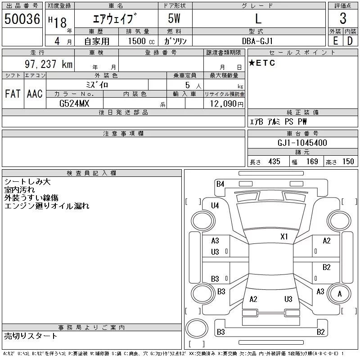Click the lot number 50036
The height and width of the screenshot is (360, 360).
(x=22, y=19)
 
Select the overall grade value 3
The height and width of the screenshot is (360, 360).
(x=343, y=18)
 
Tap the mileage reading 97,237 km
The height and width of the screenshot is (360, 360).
(x=49, y=64)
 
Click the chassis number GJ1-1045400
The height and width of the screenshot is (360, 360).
(x=302, y=143)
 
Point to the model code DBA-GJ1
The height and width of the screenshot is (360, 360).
(x=257, y=41)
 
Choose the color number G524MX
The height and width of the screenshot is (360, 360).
(x=74, y=103)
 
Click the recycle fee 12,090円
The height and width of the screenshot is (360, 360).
(x=227, y=104)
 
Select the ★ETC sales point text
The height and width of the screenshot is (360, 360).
(x=262, y=63)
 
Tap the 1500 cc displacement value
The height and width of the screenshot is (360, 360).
(x=141, y=41)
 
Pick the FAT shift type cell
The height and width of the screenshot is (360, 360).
(x=13, y=94)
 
